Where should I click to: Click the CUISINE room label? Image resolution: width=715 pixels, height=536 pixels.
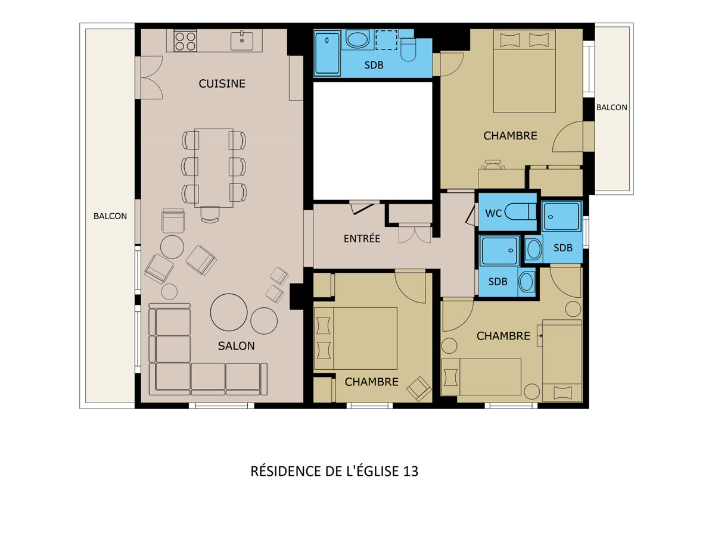coord(222,83)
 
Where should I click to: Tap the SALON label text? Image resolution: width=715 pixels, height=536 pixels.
coord(236,345)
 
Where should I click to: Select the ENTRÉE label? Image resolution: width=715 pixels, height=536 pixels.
coord(362,238)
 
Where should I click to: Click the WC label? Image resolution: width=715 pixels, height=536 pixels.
coord(493,213)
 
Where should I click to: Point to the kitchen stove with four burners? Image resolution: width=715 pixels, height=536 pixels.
coord(185,40)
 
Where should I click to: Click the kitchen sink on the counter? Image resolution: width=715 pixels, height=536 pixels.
coord(242,40)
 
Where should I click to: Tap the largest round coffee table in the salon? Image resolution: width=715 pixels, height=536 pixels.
coord(229,312)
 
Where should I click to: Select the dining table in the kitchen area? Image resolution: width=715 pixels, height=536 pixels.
coord(214,168)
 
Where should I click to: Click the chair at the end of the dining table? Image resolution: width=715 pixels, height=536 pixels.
coord(210,214)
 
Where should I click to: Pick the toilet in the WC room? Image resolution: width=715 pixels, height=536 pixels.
coord(520,211)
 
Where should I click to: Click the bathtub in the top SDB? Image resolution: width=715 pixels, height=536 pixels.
coord(327,52)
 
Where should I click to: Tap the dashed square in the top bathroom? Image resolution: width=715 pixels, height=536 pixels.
coord(386,40)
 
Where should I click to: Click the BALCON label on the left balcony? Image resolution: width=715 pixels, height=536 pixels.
coord(110,216)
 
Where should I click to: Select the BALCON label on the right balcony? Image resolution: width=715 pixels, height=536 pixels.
coord(611,107)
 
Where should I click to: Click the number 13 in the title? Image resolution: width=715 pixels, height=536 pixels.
coord(411,471)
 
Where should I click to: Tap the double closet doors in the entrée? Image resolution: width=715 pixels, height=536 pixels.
coord(415,233)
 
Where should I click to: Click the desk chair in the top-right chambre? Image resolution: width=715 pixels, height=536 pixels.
coord(493,164)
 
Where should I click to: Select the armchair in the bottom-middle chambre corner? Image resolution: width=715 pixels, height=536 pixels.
coord(419,389)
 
